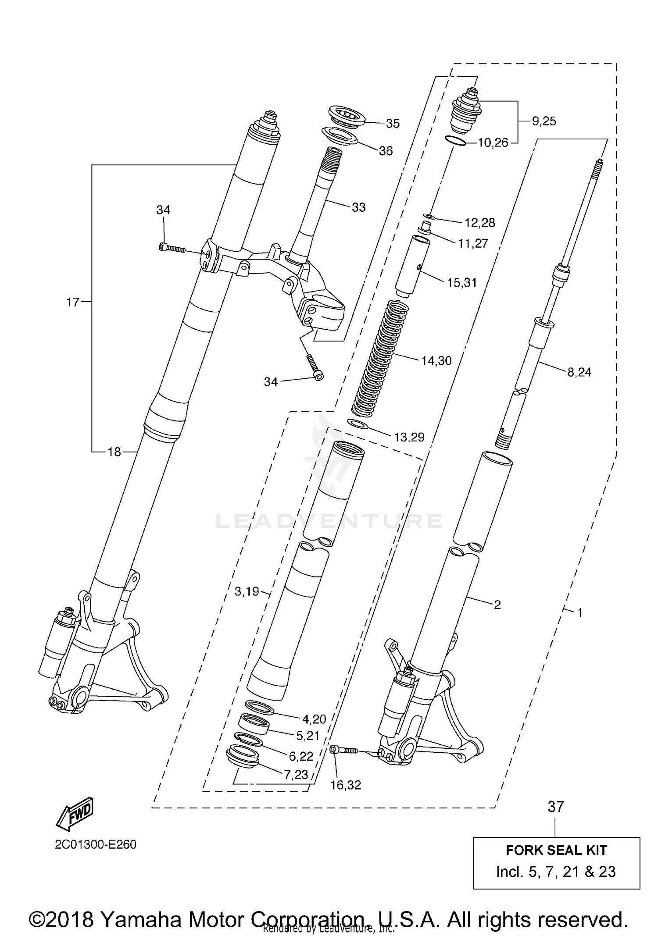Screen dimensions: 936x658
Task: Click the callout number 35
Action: coord(392,124)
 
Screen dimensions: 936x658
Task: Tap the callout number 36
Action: coord(386,151)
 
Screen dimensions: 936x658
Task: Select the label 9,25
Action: coord(544,121)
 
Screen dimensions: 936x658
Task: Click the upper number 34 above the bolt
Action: coord(163,210)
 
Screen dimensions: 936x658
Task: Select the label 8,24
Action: coord(579,372)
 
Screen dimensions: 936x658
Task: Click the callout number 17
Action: coord(72,302)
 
